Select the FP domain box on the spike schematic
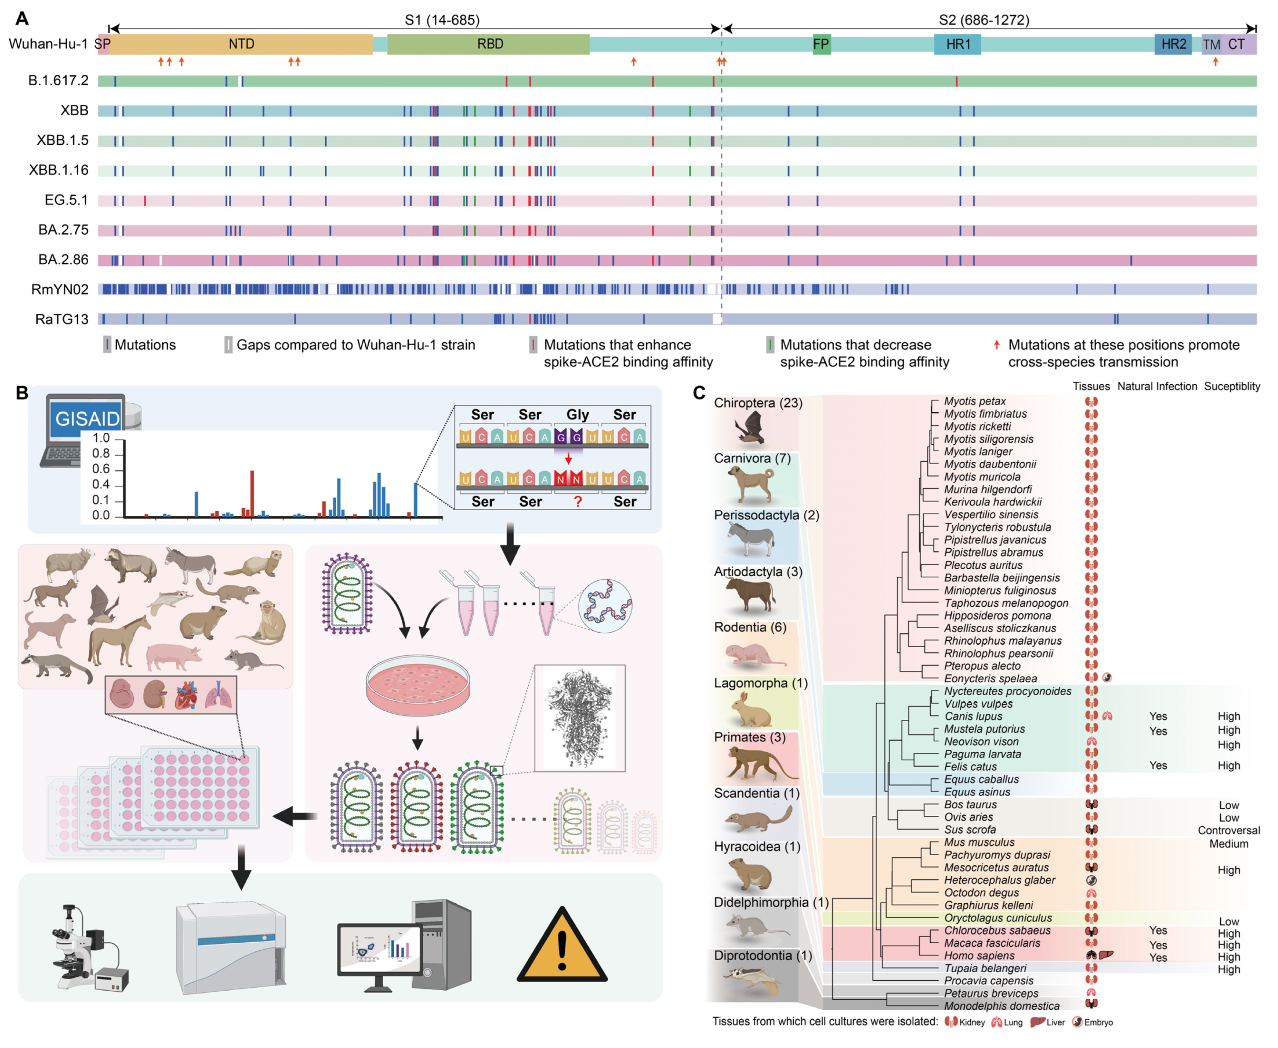pos(821,44)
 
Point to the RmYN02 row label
pos(60,290)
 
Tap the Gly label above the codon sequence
pos(577,415)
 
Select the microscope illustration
pos(88,948)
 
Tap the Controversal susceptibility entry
pos(1228,831)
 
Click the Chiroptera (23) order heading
pos(758,403)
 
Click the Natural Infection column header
pos(1157,386)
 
